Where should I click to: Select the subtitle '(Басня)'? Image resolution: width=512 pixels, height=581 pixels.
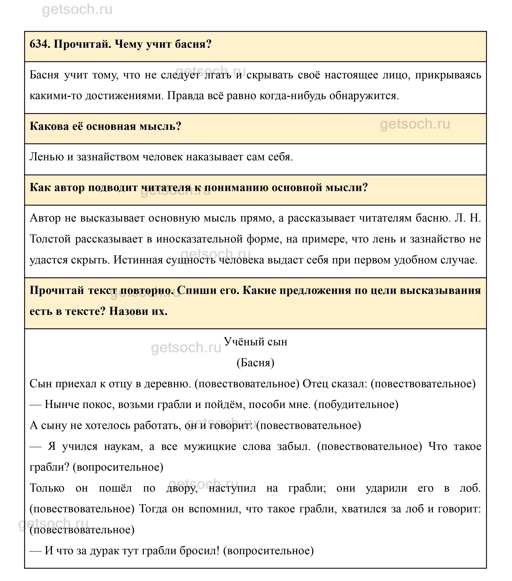(255, 363)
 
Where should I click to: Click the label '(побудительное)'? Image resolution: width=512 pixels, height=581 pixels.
(356, 404)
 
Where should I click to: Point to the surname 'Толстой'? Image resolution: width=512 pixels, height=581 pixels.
(50, 239)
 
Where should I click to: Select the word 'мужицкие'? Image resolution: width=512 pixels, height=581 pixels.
(210, 446)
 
